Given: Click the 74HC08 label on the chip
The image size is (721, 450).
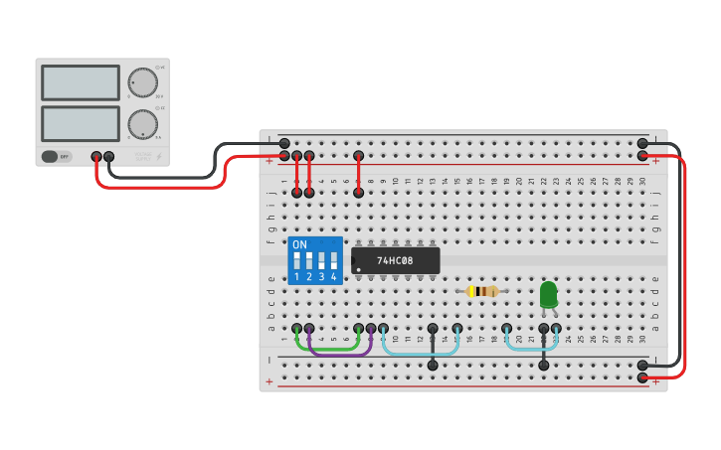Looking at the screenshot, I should [395, 261].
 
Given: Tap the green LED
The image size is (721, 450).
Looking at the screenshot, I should [548, 294].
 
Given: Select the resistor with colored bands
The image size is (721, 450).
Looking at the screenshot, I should [482, 291].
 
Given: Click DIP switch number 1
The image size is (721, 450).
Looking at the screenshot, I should [296, 263].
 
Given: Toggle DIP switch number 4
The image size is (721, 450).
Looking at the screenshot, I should [334, 263].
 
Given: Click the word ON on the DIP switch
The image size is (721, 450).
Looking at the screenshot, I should [299, 244].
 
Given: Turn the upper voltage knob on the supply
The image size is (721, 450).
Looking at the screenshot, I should [142, 82].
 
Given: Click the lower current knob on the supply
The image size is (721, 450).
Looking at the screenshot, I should [142, 124].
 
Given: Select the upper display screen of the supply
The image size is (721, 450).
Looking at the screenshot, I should [81, 82].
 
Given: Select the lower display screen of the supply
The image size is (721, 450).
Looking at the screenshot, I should [81, 123].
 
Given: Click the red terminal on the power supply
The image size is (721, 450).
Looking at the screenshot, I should [96, 157].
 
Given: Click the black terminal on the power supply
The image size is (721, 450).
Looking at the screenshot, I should [109, 157].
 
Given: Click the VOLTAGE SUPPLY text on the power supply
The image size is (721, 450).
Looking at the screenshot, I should [143, 156].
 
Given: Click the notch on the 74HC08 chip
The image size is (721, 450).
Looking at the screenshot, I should [353, 260].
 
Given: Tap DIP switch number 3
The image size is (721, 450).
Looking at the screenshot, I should [321, 263].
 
